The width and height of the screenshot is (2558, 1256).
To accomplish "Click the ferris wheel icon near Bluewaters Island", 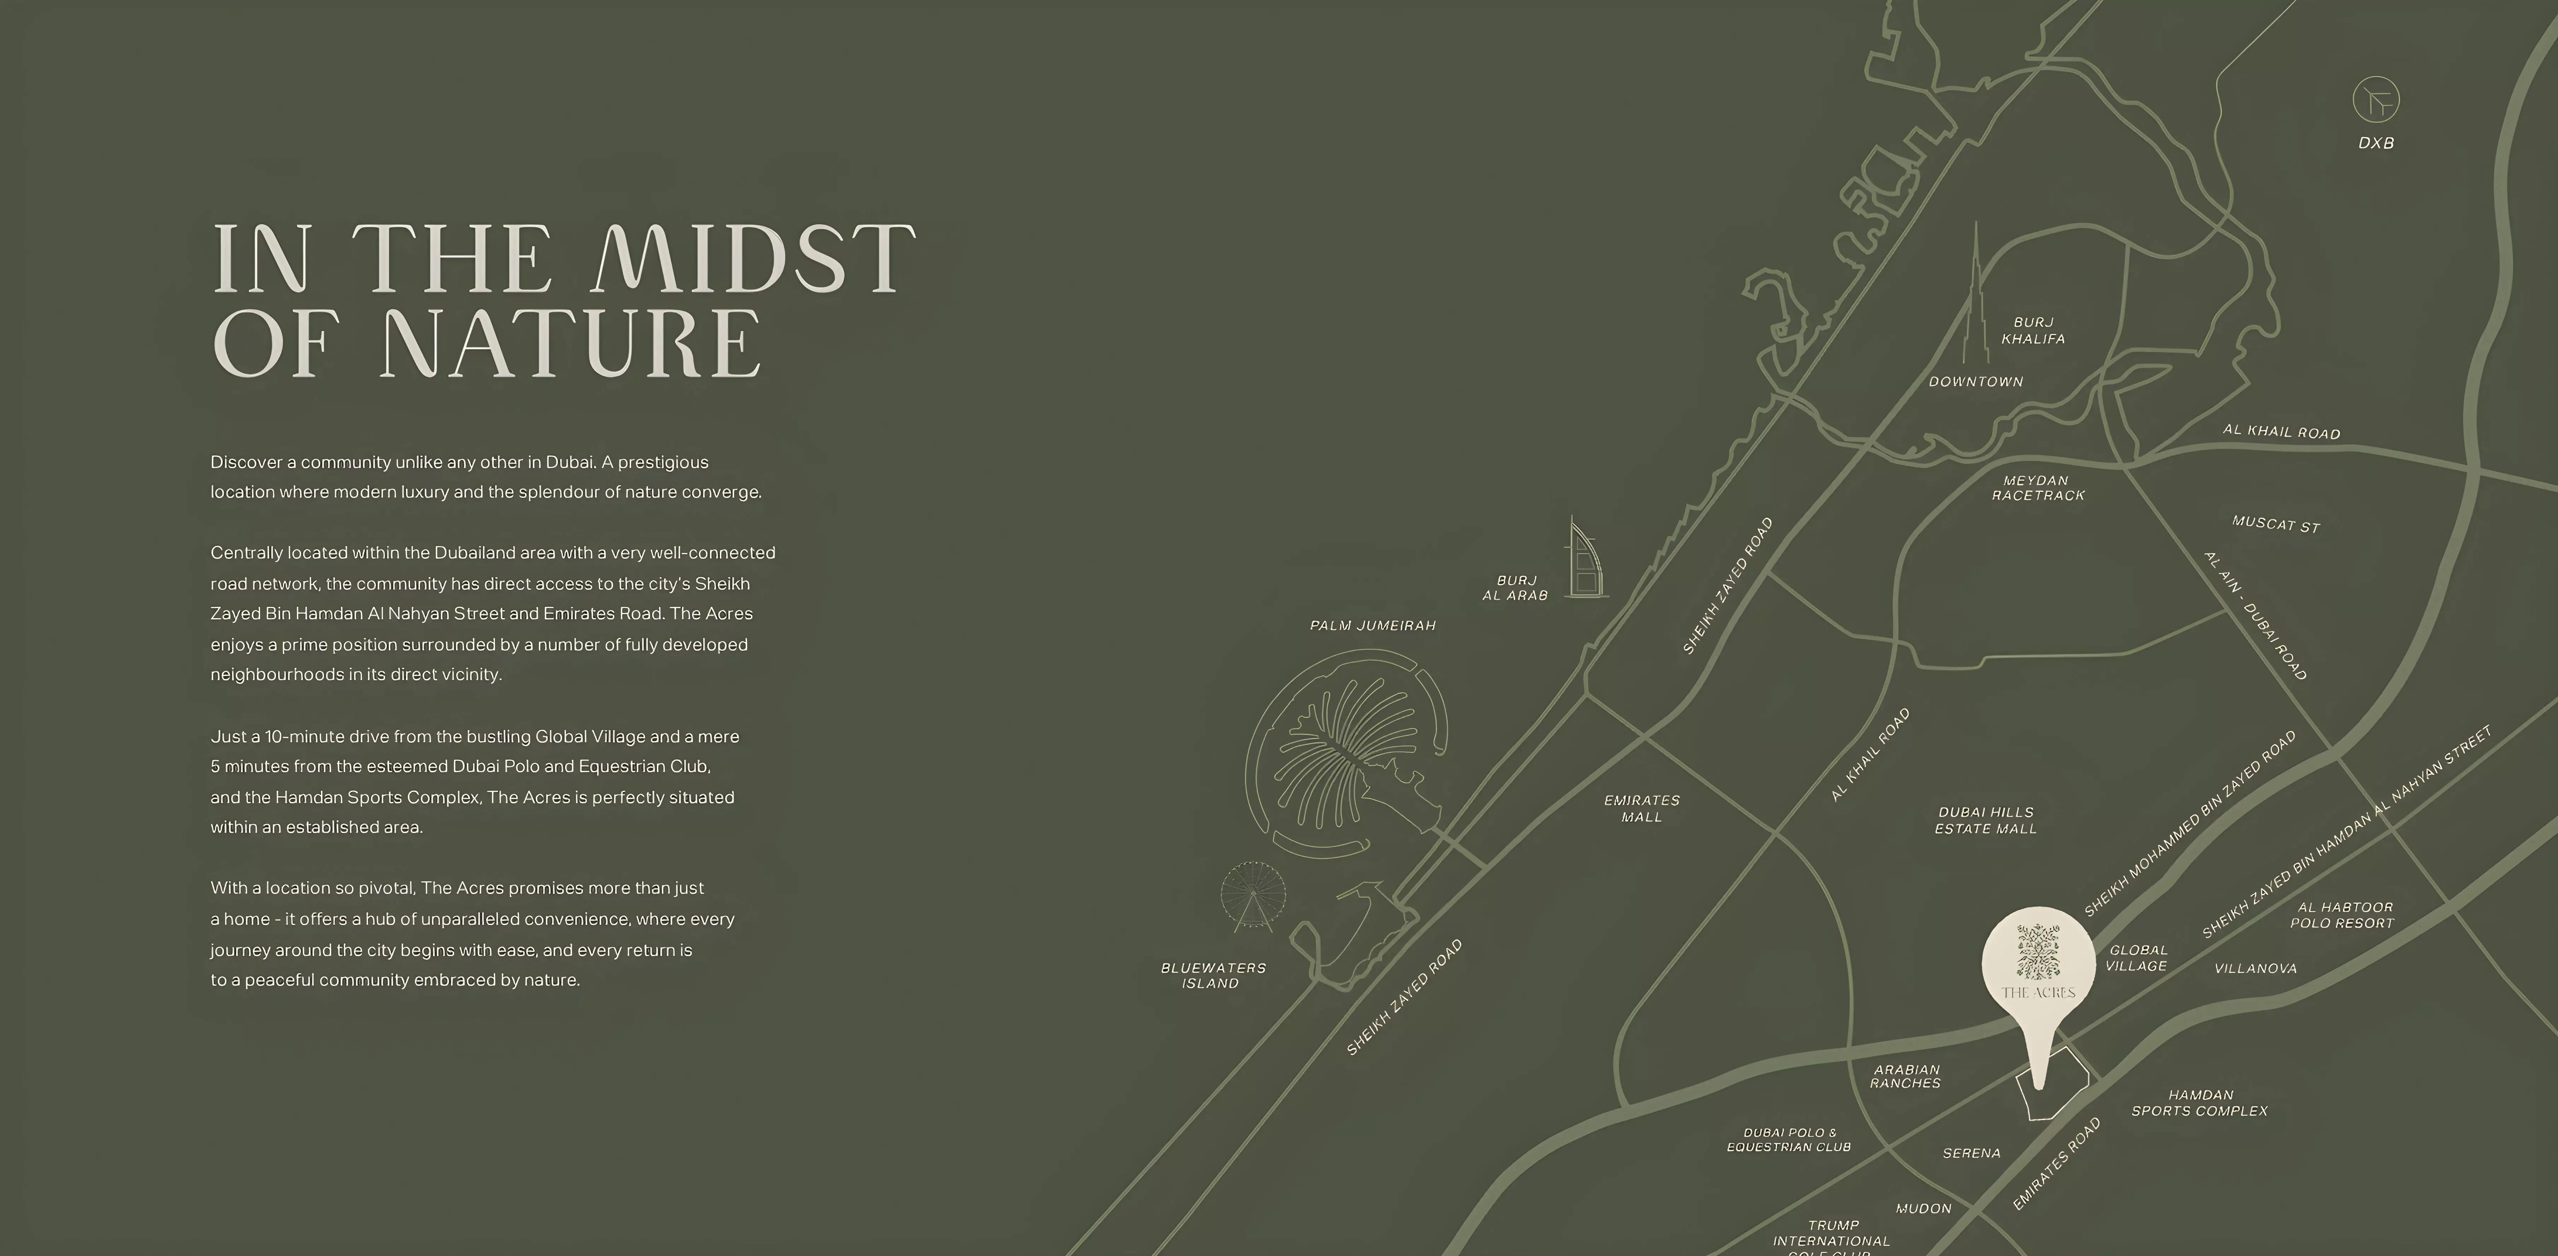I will [x=1252, y=896].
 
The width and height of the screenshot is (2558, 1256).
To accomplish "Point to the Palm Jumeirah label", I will [x=1372, y=626].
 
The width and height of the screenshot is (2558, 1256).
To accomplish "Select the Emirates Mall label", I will [x=1642, y=808].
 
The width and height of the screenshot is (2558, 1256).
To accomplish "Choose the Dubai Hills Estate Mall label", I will [x=1985, y=820].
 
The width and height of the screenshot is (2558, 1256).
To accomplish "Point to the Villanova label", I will [x=2255, y=968].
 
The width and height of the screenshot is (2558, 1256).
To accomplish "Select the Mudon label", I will [x=1923, y=1208].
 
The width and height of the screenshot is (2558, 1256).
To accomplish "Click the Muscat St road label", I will [x=2275, y=524].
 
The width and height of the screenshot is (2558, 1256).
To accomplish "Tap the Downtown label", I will [x=1975, y=381].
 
